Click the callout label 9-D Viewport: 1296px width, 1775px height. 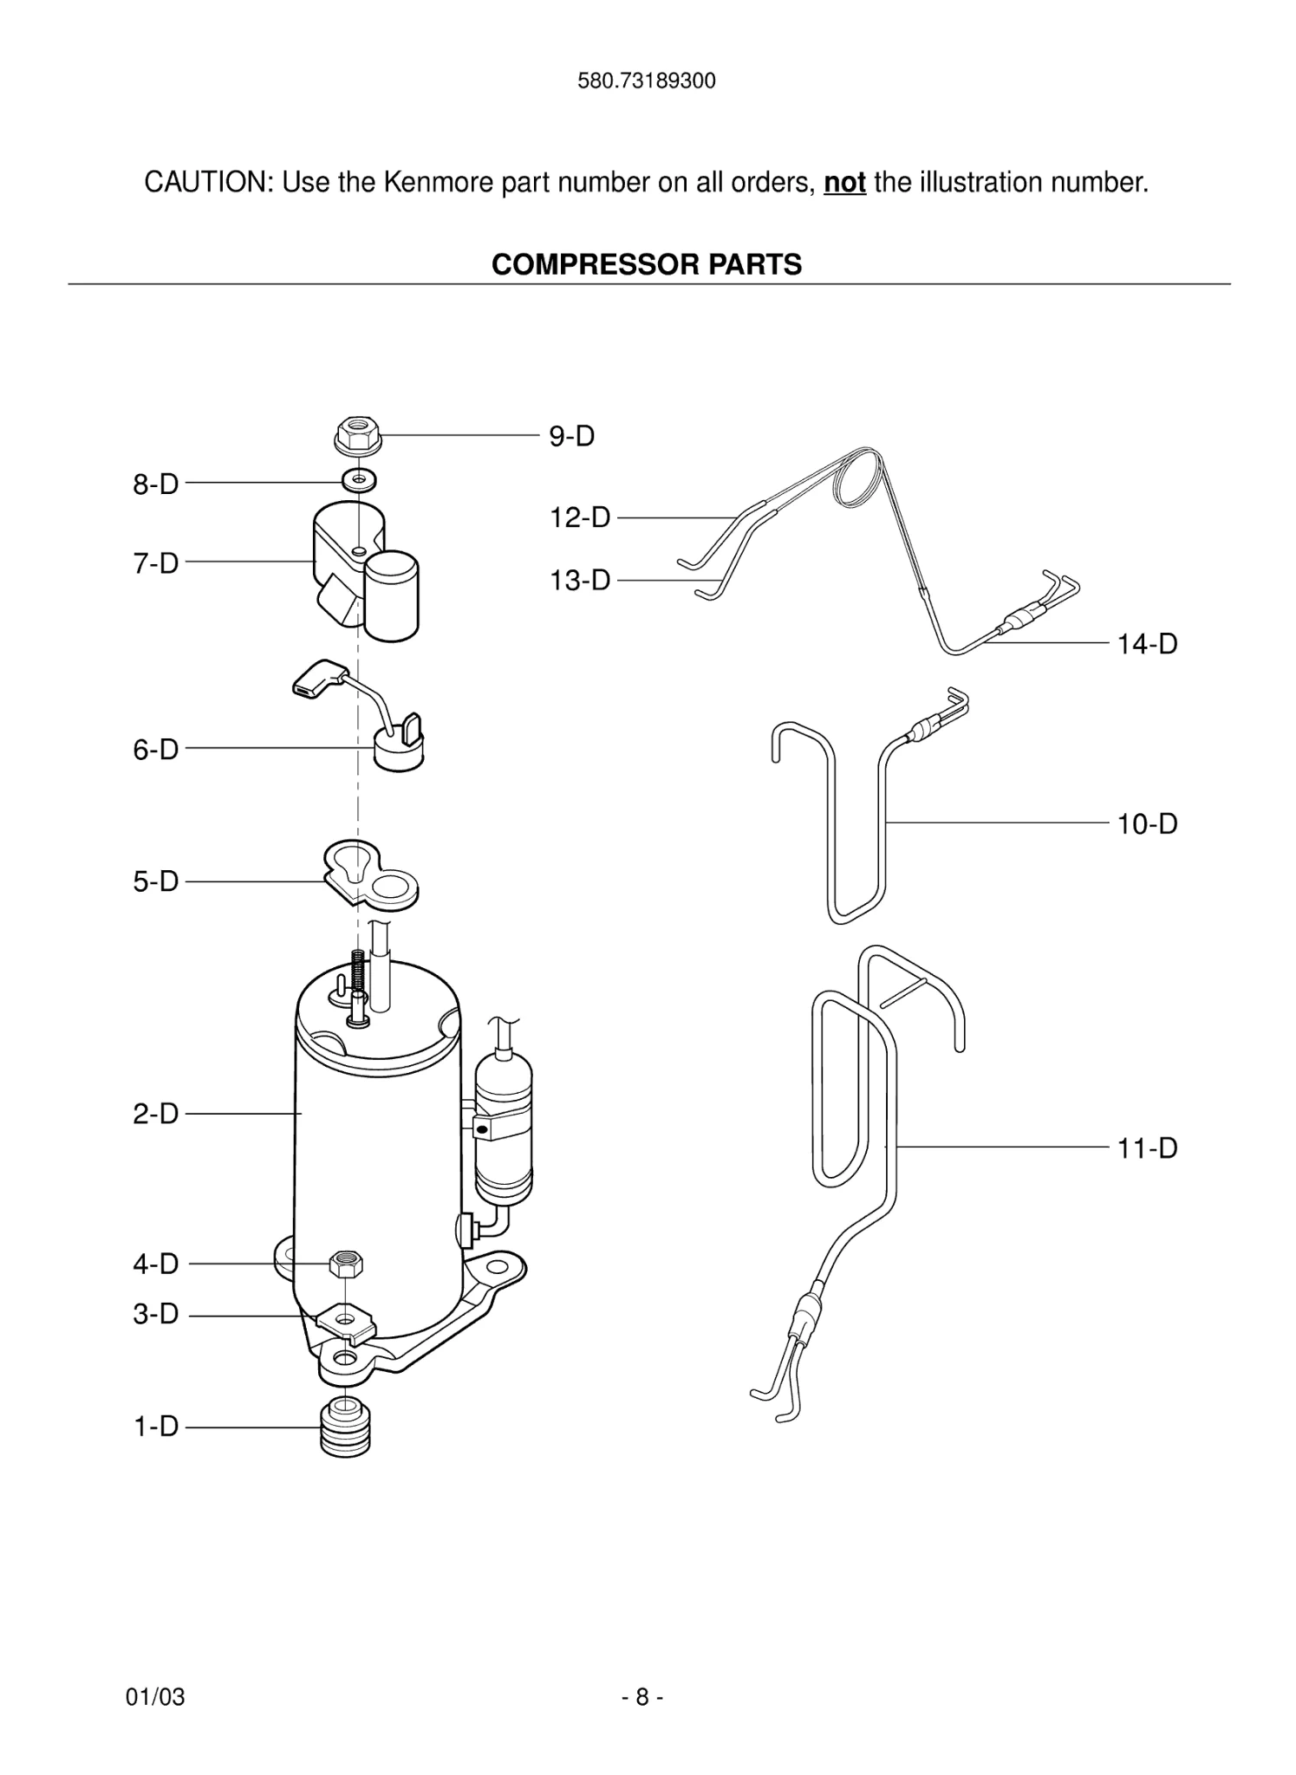(x=571, y=436)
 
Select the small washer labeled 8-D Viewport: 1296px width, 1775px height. (x=360, y=478)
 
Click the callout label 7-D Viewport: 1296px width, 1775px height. (x=156, y=563)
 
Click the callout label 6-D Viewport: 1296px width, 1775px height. (x=156, y=749)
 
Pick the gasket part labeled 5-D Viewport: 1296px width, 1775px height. (x=369, y=877)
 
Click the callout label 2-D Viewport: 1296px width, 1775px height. (x=156, y=1114)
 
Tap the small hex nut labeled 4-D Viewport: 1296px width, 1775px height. (x=346, y=1264)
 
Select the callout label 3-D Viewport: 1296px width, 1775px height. (x=156, y=1314)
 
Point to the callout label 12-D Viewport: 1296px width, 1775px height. (x=580, y=518)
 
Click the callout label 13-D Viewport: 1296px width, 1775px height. (x=580, y=580)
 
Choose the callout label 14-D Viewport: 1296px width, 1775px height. (x=1147, y=644)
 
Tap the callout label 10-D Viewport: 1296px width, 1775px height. (x=1147, y=823)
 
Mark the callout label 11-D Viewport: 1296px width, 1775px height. (x=1147, y=1148)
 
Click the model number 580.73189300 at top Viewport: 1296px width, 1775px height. (x=647, y=81)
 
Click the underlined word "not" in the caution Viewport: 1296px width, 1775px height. (x=844, y=183)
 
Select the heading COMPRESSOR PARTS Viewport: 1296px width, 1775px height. (x=647, y=264)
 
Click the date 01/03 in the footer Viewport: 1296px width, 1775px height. (x=156, y=1697)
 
